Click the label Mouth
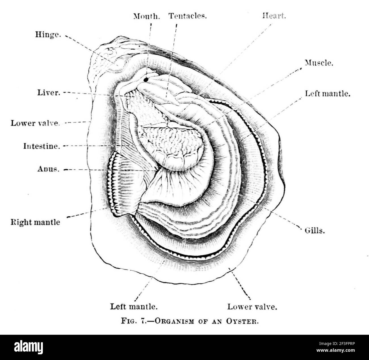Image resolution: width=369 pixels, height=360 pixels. tap(147, 16)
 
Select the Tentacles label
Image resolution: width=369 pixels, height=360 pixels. tap(187, 16)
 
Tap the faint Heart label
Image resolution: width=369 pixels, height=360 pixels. tap(274, 16)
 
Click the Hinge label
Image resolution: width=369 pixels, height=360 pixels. tap(48, 35)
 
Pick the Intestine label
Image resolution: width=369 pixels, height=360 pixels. tap(42, 146)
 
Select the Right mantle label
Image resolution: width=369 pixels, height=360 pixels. tap(35, 222)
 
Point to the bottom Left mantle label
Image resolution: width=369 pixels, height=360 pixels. tap(134, 306)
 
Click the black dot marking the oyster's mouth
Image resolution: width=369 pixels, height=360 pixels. tap(146, 80)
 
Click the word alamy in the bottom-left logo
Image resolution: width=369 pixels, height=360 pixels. tap(28, 347)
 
